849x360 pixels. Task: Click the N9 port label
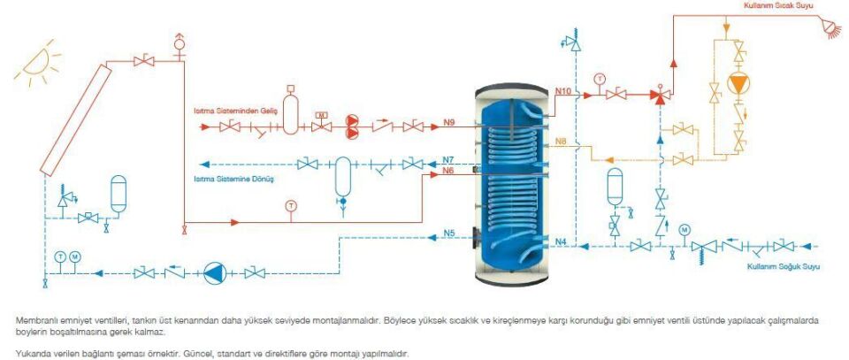pyautogui.click(x=448, y=121)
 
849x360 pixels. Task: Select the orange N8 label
pyautogui.click(x=561, y=142)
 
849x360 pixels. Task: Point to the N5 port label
pyautogui.click(x=448, y=234)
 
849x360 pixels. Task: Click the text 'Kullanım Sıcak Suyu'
pyautogui.click(x=778, y=5)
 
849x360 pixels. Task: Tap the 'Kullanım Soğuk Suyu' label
pyautogui.click(x=778, y=265)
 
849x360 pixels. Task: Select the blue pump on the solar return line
pyautogui.click(x=212, y=273)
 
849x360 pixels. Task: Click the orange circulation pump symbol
pyautogui.click(x=737, y=85)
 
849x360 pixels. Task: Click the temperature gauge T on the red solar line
pyautogui.click(x=290, y=206)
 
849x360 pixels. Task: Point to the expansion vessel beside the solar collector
pyautogui.click(x=117, y=192)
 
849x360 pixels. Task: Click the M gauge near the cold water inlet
pyautogui.click(x=683, y=230)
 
